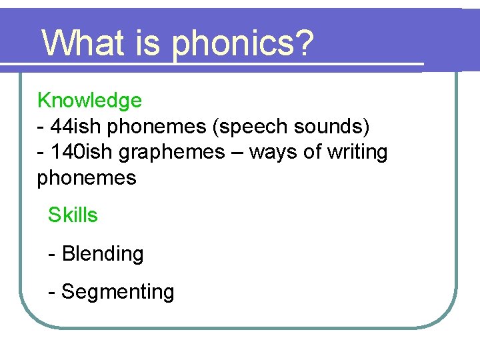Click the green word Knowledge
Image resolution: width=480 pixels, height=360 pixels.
pos(89,101)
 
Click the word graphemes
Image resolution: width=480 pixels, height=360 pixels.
pos(171,153)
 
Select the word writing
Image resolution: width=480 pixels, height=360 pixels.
pos(357,153)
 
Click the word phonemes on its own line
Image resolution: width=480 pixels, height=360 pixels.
pos(87,178)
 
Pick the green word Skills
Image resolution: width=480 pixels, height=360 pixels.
pos(73,215)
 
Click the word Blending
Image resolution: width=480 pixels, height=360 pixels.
pos(103,254)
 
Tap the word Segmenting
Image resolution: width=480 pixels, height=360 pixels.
pos(117,292)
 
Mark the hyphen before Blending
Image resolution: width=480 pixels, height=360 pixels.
pos(52,255)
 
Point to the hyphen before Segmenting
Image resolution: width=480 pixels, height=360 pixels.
pos(52,293)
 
